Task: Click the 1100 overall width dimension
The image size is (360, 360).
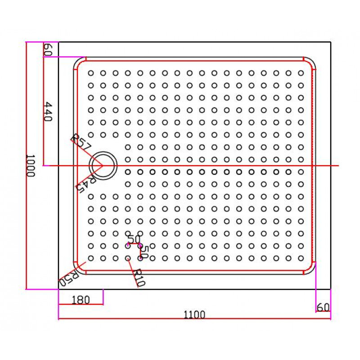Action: pyautogui.click(x=194, y=315)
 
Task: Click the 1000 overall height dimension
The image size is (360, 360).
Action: pyautogui.click(x=30, y=165)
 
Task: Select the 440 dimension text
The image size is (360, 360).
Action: pyautogui.click(x=48, y=111)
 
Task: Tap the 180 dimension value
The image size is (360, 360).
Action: pyautogui.click(x=81, y=300)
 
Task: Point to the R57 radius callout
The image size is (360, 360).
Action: pyautogui.click(x=81, y=142)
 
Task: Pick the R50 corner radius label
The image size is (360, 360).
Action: pyautogui.click(x=68, y=278)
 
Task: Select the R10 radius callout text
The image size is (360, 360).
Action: pyautogui.click(x=139, y=278)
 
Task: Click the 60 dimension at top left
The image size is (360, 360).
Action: pyautogui.click(x=48, y=49)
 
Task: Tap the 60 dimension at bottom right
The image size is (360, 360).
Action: pyautogui.click(x=323, y=307)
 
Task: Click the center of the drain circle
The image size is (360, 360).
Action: pyautogui.click(x=103, y=165)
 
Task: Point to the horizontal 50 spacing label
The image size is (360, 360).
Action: pyautogui.click(x=134, y=239)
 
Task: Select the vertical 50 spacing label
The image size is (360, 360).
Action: pyautogui.click(x=145, y=252)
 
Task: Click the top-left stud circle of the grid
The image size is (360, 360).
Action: pyautogui.click(x=91, y=73)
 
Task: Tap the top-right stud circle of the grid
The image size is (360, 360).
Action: pyautogui.click(x=301, y=73)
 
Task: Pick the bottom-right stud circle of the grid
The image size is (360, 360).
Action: pyautogui.click(x=301, y=258)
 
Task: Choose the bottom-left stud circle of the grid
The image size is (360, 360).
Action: pyautogui.click(x=91, y=258)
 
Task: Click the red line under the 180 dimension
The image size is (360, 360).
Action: pyautogui.click(x=81, y=305)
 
